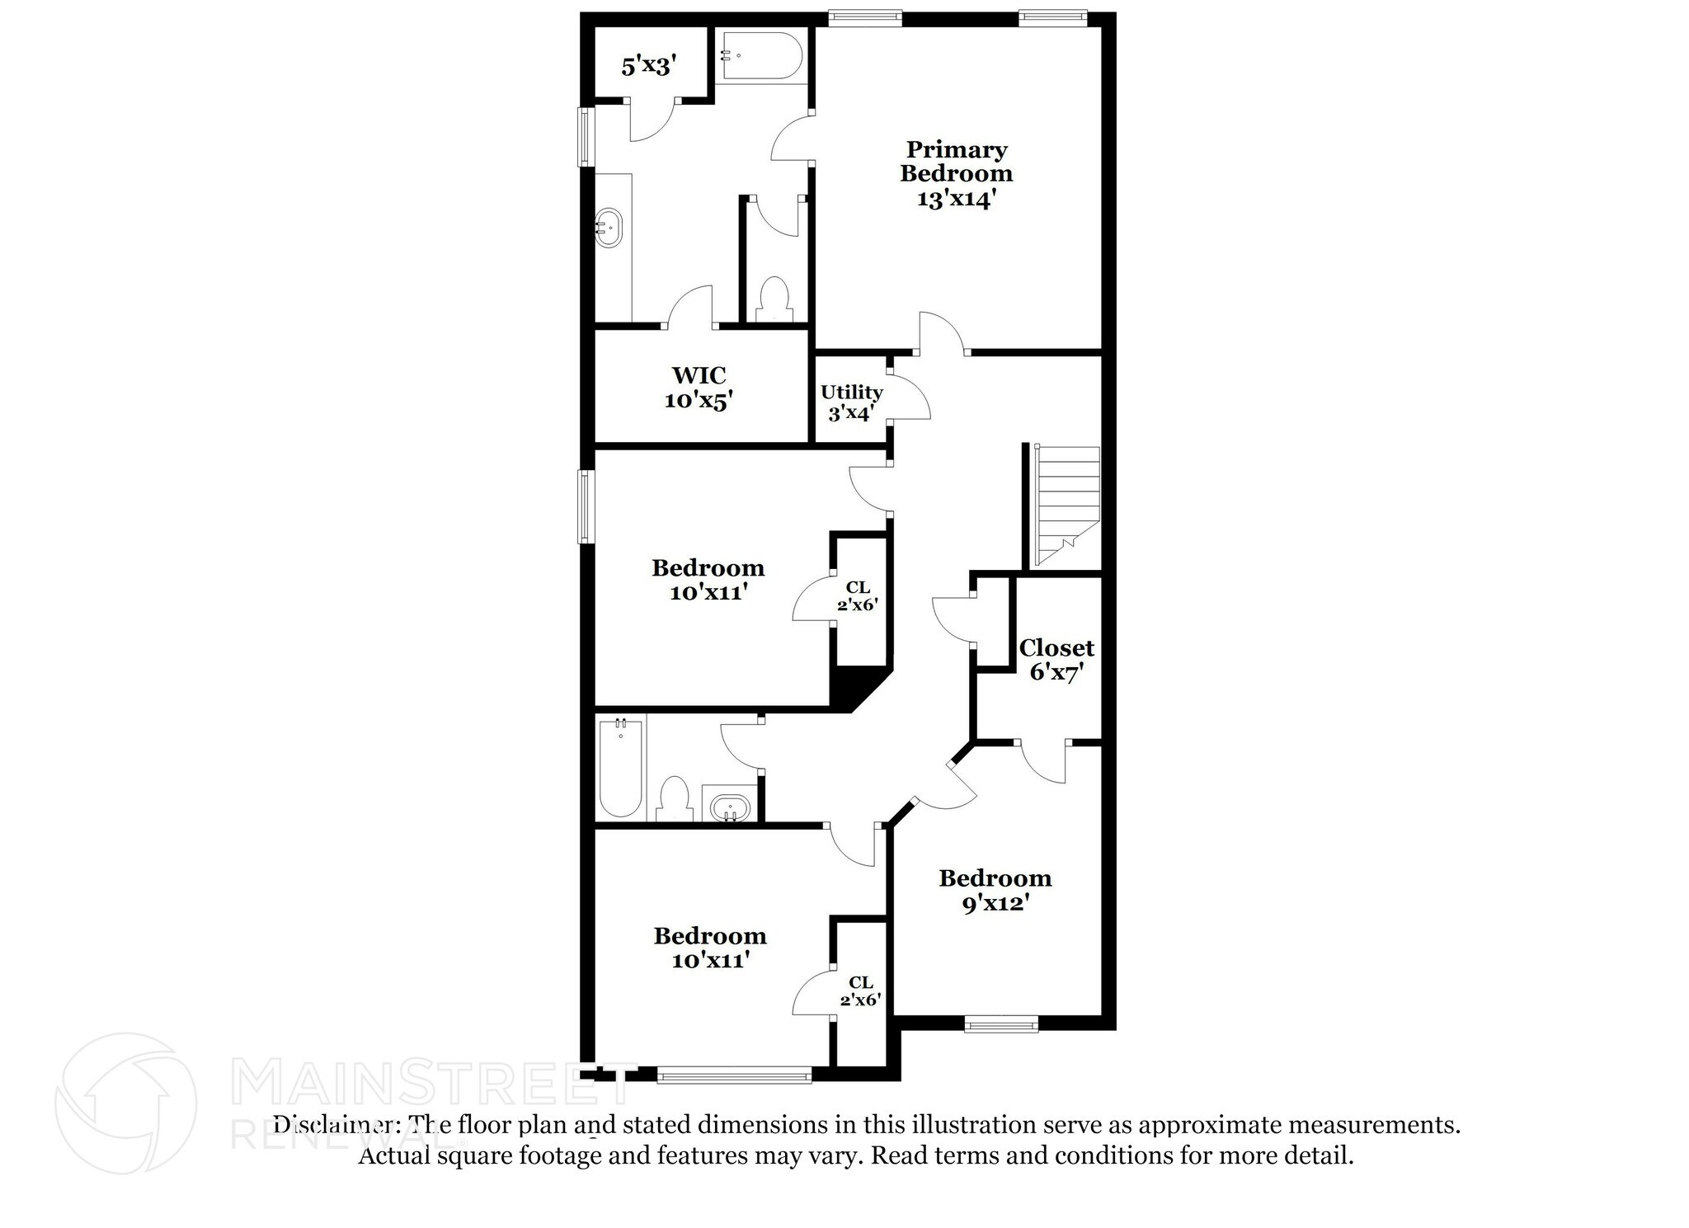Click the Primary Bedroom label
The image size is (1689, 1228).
956,174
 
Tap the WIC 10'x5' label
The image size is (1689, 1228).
699,388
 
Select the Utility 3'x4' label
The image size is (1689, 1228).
851,402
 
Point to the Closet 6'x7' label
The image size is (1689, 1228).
1056,660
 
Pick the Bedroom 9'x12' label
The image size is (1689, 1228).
995,890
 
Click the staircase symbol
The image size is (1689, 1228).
1067,505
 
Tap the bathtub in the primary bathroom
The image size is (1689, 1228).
760,55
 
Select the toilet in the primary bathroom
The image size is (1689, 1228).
773,299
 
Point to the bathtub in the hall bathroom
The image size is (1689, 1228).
620,767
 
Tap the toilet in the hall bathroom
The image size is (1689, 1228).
675,798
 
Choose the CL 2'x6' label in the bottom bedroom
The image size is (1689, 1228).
860,990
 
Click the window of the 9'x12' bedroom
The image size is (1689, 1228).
1000,1025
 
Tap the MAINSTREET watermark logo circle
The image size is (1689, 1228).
125,1103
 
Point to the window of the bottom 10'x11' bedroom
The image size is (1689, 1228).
734,1075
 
